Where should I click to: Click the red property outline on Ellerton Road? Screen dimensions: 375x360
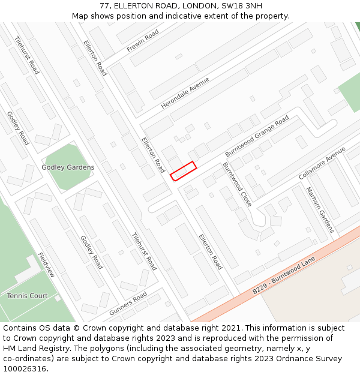tap(184, 170)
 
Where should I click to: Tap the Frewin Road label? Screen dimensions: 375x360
tap(143, 40)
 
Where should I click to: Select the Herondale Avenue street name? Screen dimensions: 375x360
tap(185, 93)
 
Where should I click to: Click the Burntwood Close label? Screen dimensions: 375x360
tap(238, 185)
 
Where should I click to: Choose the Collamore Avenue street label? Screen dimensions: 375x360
tap(323, 163)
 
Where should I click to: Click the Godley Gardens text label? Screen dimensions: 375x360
tap(68, 167)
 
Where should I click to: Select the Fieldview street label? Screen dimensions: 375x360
tap(46, 264)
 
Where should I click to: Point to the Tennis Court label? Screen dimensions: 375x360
tap(27, 296)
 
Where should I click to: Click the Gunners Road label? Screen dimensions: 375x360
tap(128, 304)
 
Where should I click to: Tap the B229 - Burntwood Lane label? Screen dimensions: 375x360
tap(284, 276)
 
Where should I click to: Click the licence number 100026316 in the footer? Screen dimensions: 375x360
tap(25, 368)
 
